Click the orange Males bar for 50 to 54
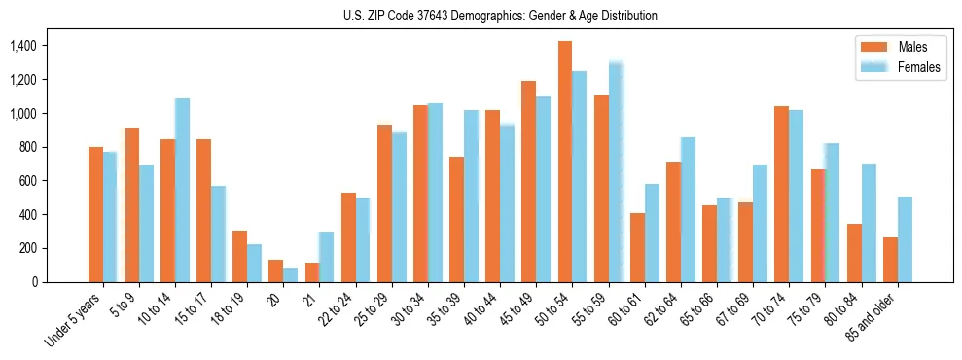click(x=565, y=162)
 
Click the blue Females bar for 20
click(x=291, y=275)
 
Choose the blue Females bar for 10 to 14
click(x=182, y=190)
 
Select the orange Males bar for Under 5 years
click(x=95, y=214)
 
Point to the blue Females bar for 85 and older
click(x=905, y=239)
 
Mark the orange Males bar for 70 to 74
click(x=782, y=194)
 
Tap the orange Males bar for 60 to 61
click(x=637, y=247)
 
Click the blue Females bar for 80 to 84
click(x=869, y=223)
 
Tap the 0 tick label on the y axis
click(x=35, y=282)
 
